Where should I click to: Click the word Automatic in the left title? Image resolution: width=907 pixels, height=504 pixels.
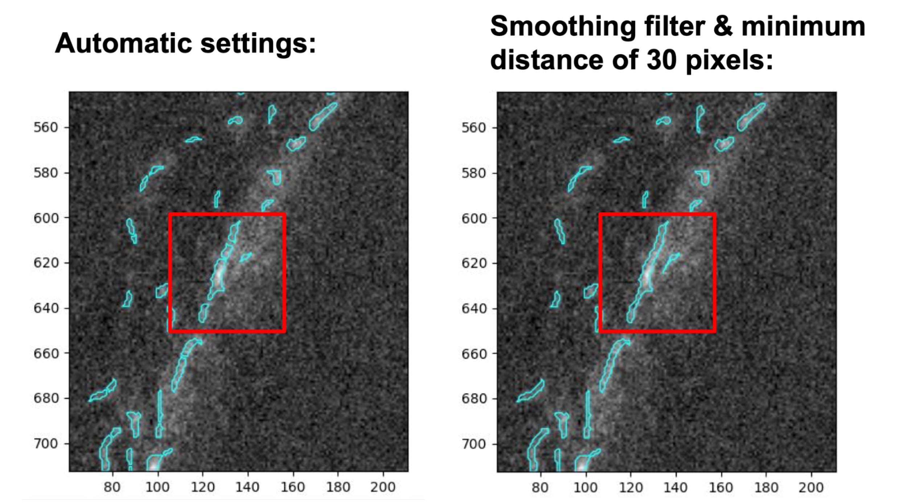tap(123, 44)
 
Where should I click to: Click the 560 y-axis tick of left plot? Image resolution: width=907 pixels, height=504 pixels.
tap(46, 127)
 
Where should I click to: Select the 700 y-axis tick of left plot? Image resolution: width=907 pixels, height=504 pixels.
tap(46, 443)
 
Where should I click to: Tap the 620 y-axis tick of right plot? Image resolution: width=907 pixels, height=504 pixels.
tap(474, 263)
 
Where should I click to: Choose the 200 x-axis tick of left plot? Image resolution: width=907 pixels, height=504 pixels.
tap(383, 487)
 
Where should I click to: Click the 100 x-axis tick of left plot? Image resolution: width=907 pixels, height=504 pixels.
tap(157, 487)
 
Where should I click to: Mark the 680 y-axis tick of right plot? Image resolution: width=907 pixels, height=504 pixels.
tap(474, 398)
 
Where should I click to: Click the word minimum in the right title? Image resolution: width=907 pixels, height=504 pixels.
tap(803, 27)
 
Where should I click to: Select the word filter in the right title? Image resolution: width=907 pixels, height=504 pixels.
tap(674, 27)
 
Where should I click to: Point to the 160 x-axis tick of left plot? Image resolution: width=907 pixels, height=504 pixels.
tap(293, 487)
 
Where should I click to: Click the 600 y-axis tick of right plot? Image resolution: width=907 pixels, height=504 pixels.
tap(474, 218)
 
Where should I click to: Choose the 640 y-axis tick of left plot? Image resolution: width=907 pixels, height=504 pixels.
tap(46, 308)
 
